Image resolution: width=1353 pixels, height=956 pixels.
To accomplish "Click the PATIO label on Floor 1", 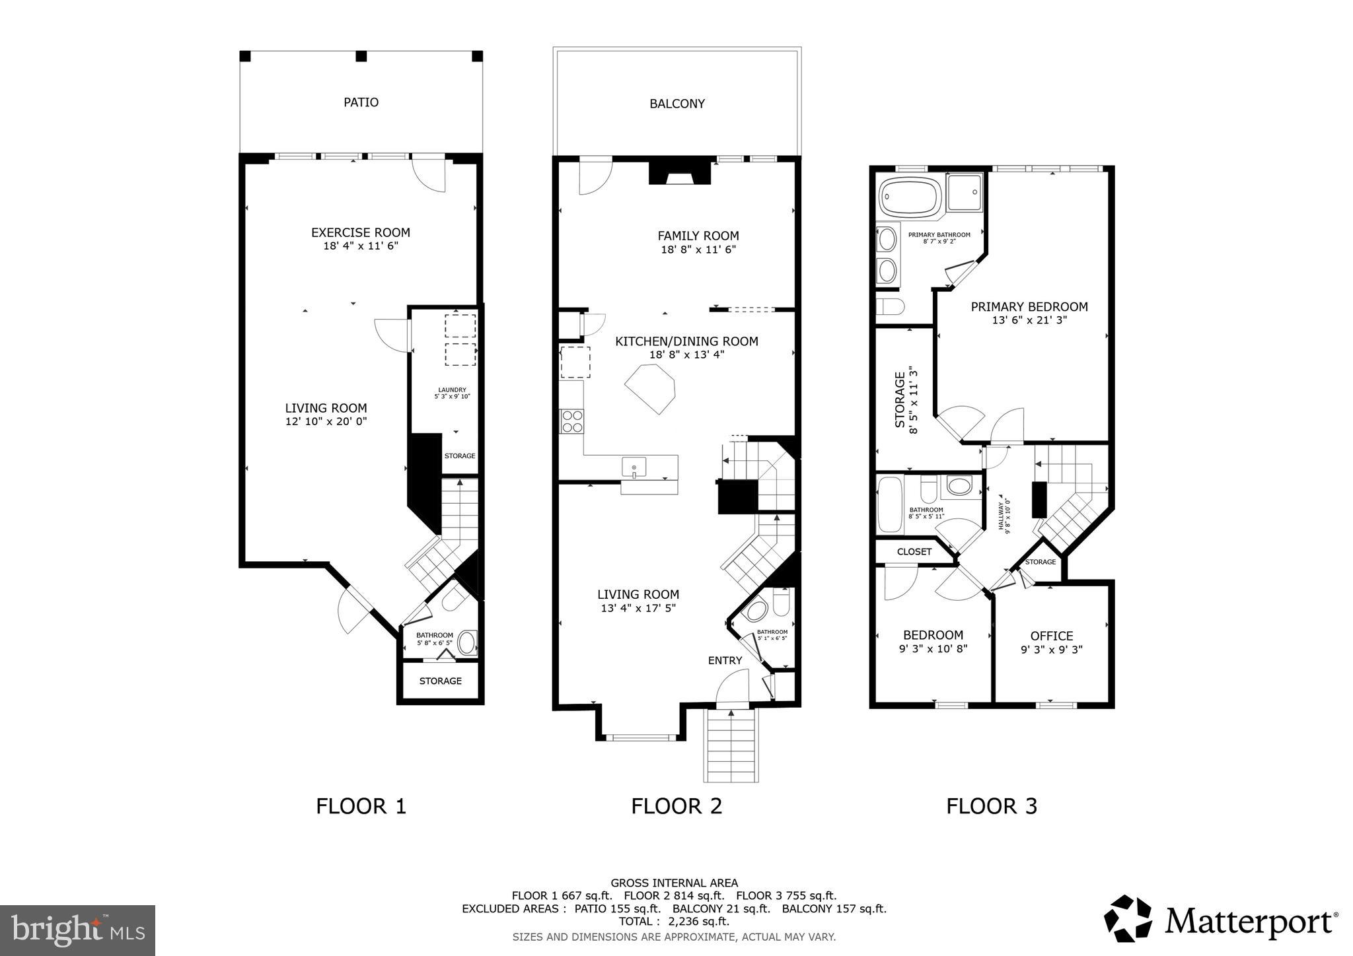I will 361,102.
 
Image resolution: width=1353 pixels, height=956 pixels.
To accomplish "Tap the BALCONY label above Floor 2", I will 676,104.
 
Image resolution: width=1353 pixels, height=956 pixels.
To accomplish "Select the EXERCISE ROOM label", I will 360,232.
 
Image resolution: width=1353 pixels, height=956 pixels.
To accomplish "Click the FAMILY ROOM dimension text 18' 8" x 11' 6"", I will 698,250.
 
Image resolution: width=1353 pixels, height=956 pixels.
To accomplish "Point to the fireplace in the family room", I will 680,173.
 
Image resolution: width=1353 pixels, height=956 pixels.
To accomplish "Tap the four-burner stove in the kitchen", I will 571,421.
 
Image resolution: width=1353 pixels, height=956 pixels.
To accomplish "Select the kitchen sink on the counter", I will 634,468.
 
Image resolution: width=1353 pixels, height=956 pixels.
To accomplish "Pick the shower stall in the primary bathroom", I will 964,192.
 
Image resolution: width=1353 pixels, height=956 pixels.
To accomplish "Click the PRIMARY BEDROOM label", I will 1029,306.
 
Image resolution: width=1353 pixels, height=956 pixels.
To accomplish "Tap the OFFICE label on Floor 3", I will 1051,636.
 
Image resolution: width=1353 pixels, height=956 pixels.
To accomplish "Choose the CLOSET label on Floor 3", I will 914,552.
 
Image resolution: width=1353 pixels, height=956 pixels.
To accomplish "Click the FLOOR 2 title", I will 676,806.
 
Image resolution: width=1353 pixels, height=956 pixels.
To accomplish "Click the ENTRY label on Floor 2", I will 725,660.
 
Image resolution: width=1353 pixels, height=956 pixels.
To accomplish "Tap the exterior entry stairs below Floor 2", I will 731,746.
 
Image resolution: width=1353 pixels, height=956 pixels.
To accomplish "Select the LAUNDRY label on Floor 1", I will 452,390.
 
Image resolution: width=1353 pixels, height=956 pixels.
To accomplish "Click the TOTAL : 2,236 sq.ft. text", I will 674,922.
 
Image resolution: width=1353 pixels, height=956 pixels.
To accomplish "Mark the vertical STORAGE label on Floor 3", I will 900,400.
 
